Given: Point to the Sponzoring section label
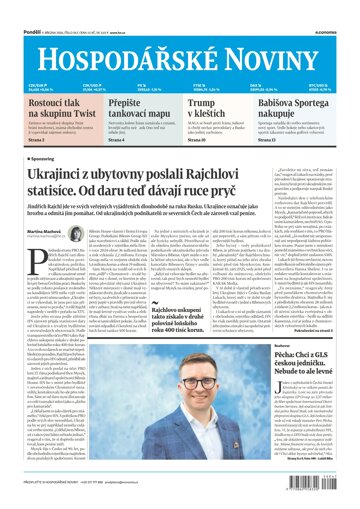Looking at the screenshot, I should point(33,157).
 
